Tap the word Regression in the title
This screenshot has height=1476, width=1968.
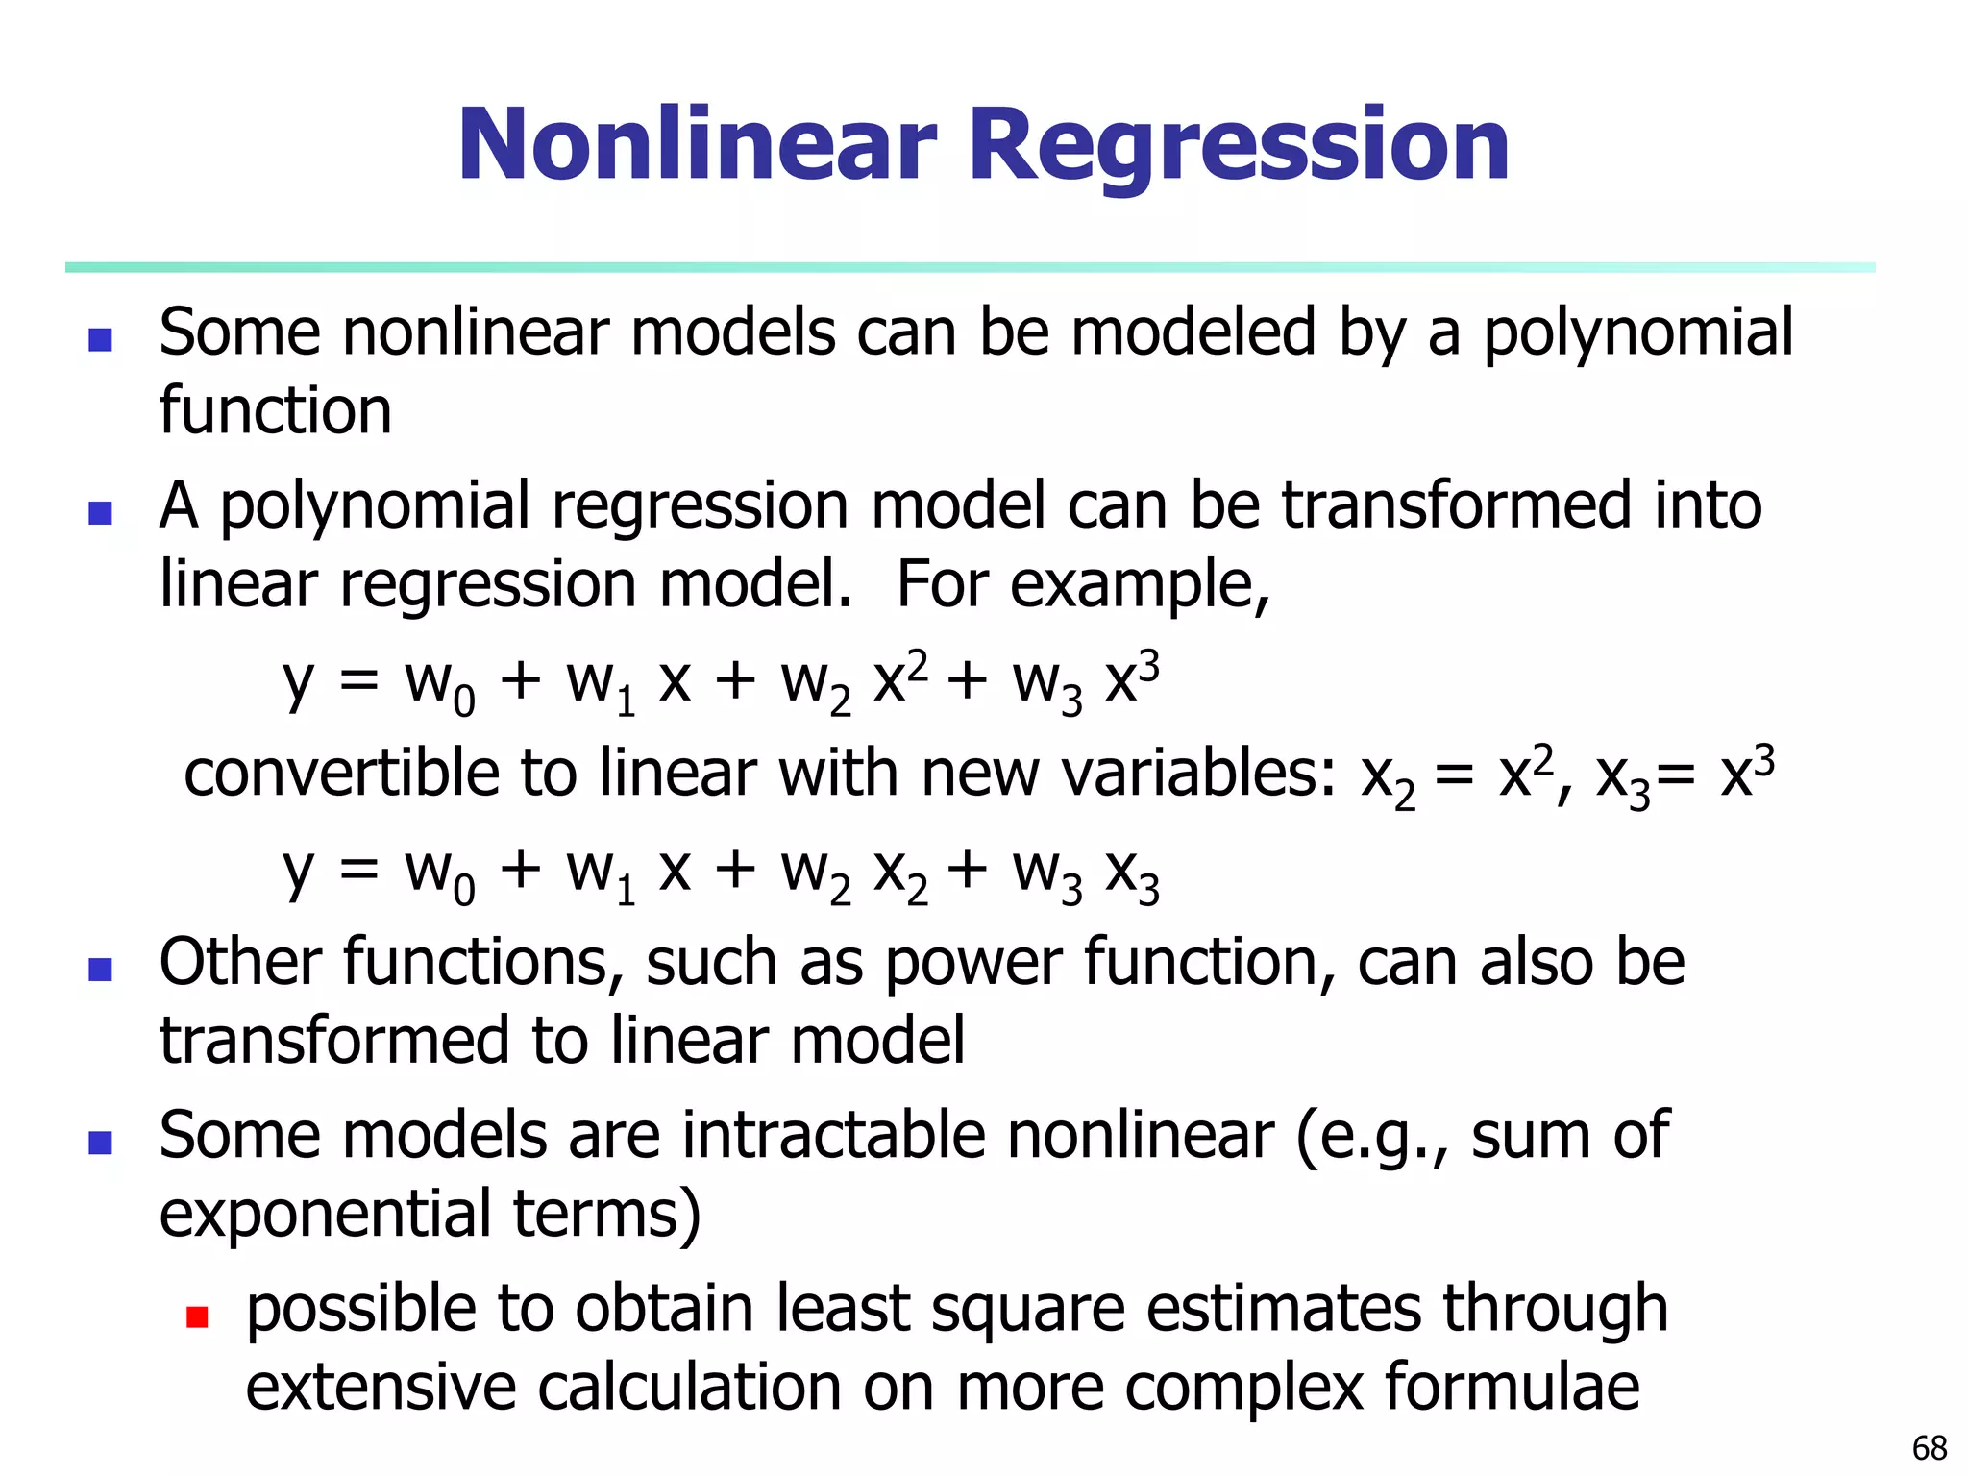tap(1240, 146)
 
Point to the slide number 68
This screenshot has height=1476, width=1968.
tap(1930, 1447)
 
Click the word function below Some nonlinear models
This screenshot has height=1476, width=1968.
tap(276, 411)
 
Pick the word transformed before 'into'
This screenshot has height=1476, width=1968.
tap(1457, 506)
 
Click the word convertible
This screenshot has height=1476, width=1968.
tap(341, 774)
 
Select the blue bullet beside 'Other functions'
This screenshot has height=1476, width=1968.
tap(100, 969)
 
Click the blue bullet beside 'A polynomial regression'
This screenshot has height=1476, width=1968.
tap(100, 512)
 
